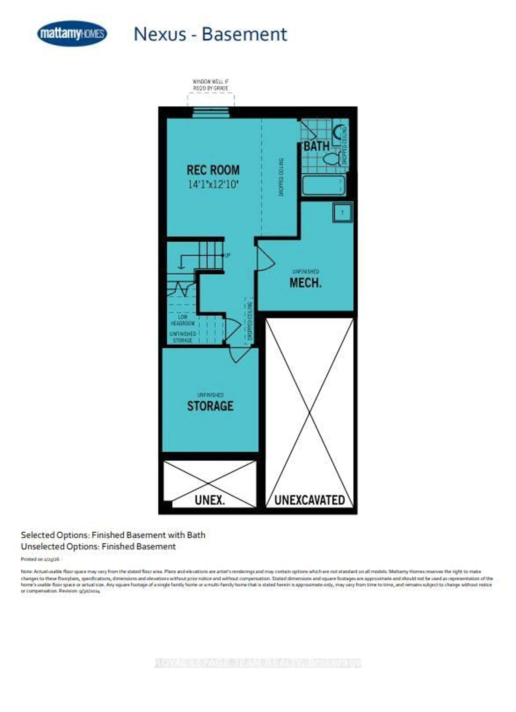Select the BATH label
click(317, 146)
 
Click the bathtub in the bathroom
click(324, 185)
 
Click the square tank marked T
click(342, 213)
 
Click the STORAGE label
click(210, 406)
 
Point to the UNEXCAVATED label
click(309, 500)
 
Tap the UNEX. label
click(210, 500)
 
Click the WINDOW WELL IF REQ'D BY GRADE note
click(210, 85)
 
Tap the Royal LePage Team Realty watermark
click(258, 663)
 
